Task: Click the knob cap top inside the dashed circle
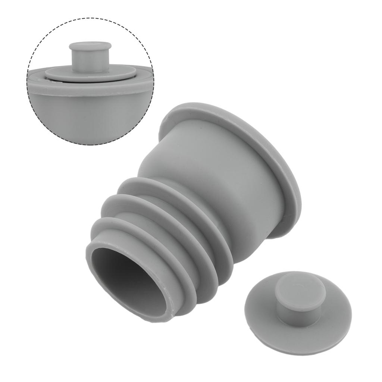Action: [x=90, y=47]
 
